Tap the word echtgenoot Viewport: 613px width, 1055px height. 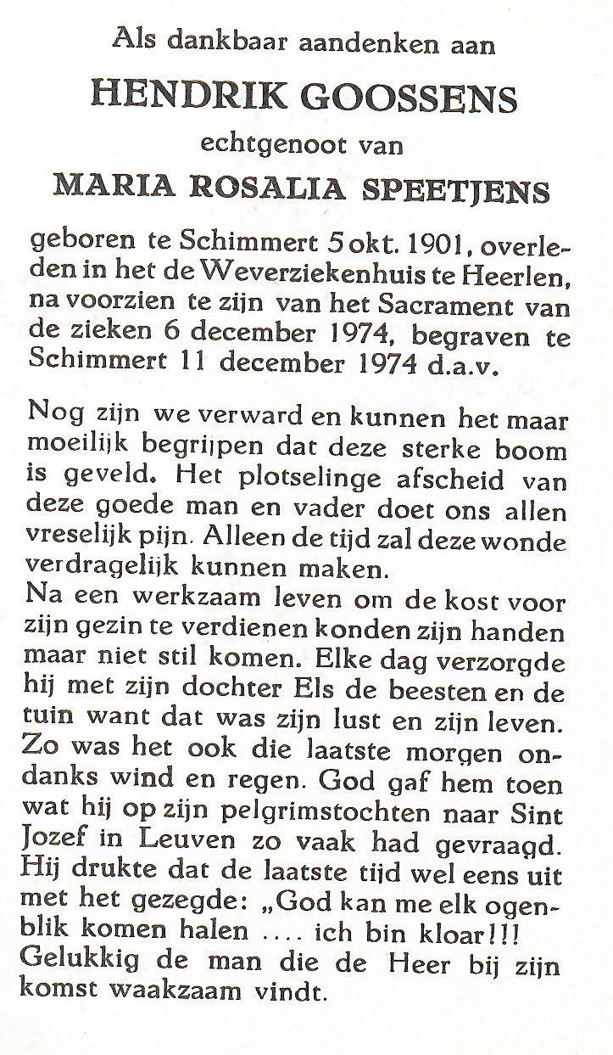coord(273,144)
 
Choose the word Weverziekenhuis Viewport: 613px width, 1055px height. coord(314,275)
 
